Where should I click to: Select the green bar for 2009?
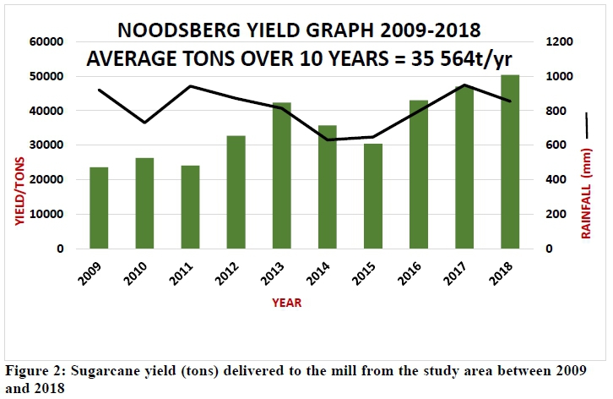tap(99, 208)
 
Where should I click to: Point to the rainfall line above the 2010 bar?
tap(144, 123)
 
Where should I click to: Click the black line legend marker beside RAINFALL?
tap(588, 124)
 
